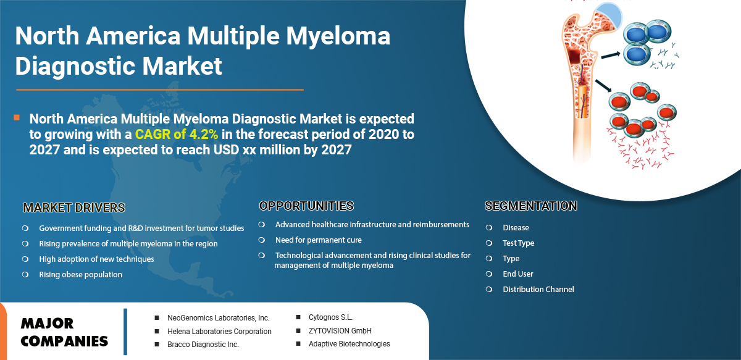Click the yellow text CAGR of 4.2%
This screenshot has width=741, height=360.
tap(177, 135)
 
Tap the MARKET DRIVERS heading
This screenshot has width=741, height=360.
tap(74, 208)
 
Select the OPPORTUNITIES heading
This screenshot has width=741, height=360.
tap(306, 206)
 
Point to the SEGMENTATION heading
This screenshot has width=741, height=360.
tap(531, 206)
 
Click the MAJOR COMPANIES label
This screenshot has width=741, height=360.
tap(64, 332)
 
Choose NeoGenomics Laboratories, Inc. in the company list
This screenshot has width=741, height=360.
tap(219, 317)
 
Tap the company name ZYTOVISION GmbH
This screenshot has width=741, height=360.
tap(340, 330)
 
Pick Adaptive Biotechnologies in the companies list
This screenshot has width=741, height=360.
tap(350, 344)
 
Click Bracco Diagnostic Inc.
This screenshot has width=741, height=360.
tap(203, 345)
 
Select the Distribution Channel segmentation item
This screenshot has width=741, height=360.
tap(538, 289)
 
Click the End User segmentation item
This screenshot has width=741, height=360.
tap(518, 274)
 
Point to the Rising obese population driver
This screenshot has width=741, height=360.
tap(81, 275)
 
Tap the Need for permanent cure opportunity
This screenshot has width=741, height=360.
tap(318, 240)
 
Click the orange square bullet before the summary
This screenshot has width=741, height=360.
tap(17, 117)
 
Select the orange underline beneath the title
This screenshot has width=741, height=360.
tap(160, 90)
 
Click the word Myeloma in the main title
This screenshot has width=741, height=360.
tap(338, 36)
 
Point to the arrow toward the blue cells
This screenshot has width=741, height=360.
tap(610, 55)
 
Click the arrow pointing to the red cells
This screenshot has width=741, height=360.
tap(603, 85)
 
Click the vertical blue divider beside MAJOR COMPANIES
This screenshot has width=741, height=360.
tap(125, 332)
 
